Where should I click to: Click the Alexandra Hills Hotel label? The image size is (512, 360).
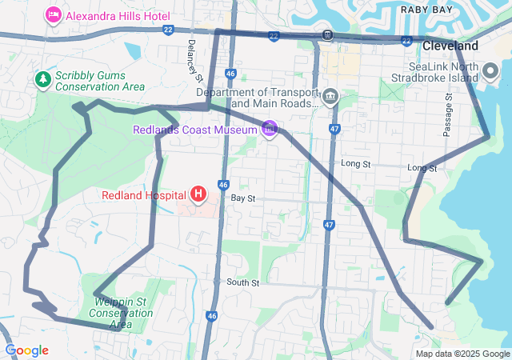tap(118, 15)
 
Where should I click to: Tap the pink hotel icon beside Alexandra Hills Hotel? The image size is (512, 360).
tap(54, 14)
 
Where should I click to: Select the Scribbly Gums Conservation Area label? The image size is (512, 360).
tap(100, 81)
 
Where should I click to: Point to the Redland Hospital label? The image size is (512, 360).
tap(143, 195)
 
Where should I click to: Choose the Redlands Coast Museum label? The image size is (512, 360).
tap(195, 130)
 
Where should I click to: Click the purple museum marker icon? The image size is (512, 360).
tap(270, 128)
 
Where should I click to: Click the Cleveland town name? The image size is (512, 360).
tap(450, 46)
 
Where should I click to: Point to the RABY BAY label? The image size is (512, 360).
tap(426, 10)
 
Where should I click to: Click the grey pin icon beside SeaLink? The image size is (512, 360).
tap(491, 72)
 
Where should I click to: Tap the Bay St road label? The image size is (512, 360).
tap(242, 197)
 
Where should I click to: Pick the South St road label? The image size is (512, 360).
tap(242, 282)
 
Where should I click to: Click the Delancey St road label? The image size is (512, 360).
tap(192, 59)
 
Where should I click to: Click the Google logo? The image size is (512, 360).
tap(26, 350)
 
